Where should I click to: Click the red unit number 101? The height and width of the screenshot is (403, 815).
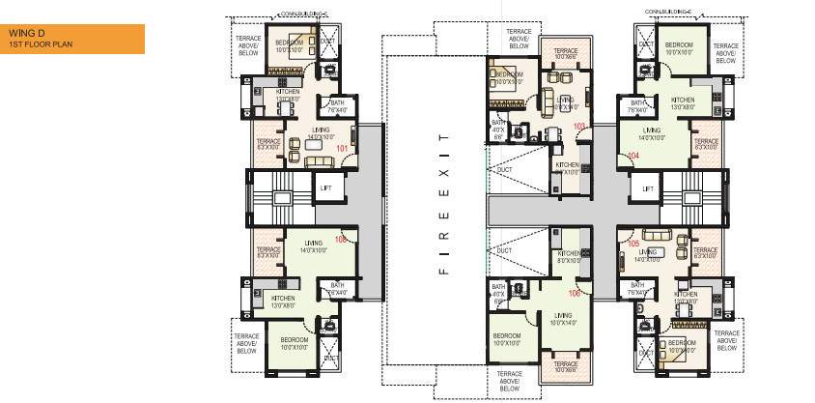pos(341,148)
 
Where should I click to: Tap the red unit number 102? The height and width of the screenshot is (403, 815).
pos(340,239)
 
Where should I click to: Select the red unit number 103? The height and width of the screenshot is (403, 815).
pos(579,127)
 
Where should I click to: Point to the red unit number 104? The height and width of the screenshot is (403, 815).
pos(633,155)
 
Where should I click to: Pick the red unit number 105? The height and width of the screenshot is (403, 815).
pos(633,245)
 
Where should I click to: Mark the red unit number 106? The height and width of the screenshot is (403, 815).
pos(575,293)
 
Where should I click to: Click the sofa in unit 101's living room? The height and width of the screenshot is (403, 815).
pos(319,160)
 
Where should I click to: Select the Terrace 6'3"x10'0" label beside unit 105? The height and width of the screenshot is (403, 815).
pos(705,254)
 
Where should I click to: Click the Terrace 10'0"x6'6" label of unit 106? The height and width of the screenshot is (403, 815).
pos(565,366)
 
